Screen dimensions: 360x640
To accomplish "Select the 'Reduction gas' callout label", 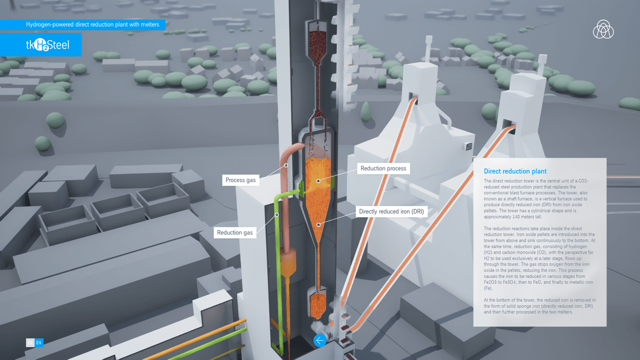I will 235,232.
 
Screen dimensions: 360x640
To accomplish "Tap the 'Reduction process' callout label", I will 383,168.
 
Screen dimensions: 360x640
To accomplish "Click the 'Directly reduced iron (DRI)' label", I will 391,211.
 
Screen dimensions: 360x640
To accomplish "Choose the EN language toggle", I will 39,342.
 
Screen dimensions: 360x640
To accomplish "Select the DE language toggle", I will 30,342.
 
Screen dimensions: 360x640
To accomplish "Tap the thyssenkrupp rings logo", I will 603,29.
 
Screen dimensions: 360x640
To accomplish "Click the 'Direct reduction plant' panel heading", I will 515,171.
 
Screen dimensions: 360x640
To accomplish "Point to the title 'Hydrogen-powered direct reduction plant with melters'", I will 92,24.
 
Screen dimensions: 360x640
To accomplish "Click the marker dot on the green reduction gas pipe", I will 276,215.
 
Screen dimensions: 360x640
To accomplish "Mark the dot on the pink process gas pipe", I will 286,164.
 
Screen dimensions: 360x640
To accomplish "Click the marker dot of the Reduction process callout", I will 318,180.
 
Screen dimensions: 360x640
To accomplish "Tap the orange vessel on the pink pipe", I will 289,263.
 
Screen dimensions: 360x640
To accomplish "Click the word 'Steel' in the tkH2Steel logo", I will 59,45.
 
